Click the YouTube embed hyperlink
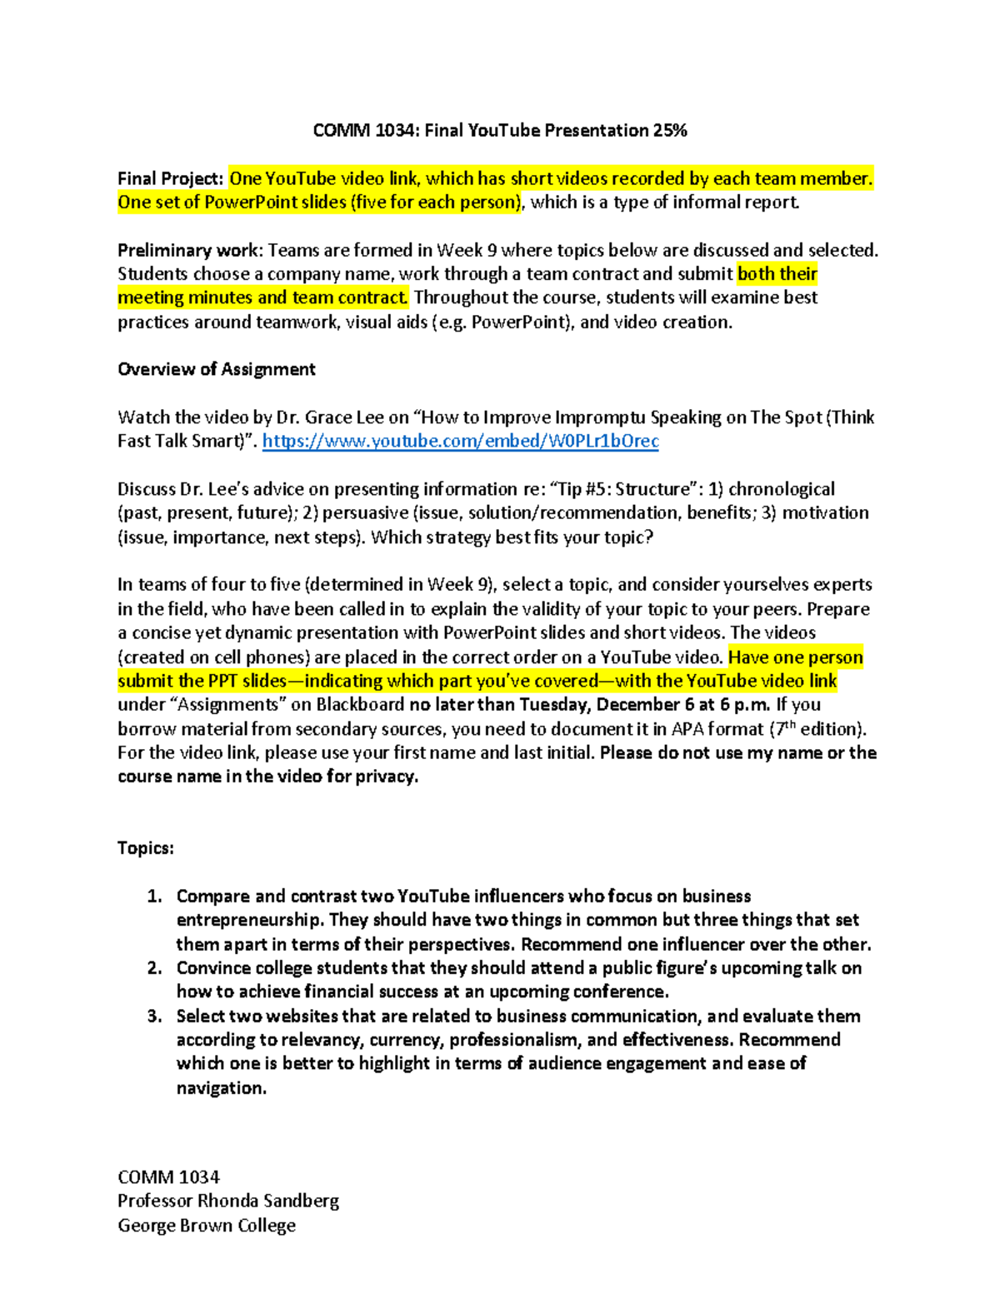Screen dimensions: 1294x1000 pyautogui.click(x=460, y=442)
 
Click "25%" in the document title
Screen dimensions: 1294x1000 pyautogui.click(x=671, y=131)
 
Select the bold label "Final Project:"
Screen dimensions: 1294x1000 pyautogui.click(x=170, y=179)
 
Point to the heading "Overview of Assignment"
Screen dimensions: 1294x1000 pyautogui.click(x=217, y=370)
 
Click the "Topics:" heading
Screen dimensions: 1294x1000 pyautogui.click(x=146, y=848)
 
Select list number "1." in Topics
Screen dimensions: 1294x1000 pyautogui.click(x=154, y=897)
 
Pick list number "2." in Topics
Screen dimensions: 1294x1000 pyautogui.click(x=154, y=968)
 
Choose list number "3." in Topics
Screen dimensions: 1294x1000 pyautogui.click(x=154, y=1017)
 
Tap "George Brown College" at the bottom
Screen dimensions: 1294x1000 pyautogui.click(x=207, y=1226)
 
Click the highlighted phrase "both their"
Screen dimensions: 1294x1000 pyautogui.click(x=777, y=274)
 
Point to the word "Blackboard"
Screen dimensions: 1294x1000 pyautogui.click(x=360, y=705)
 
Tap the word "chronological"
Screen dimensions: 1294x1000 pyautogui.click(x=782, y=489)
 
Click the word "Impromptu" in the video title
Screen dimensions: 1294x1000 pyautogui.click(x=600, y=417)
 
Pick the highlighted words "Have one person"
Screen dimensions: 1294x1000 pyautogui.click(x=795, y=657)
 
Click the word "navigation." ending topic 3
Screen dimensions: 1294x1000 pyautogui.click(x=221, y=1088)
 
